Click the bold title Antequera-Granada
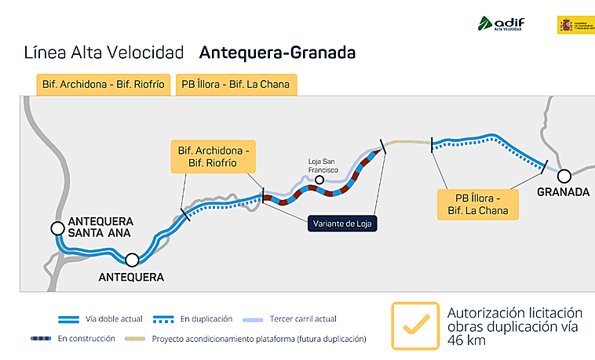pos(277,53)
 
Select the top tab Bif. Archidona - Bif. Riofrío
pos(104,84)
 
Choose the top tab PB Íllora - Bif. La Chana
pos(235,84)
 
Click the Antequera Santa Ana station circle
pos(57,228)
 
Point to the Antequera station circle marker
pos(132,260)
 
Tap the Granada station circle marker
pos(564,174)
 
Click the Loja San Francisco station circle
pos(319,181)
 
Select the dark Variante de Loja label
pos(341,224)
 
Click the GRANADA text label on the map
pos(563,192)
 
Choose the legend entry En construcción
pos(86,339)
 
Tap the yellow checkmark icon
pos(415,325)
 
